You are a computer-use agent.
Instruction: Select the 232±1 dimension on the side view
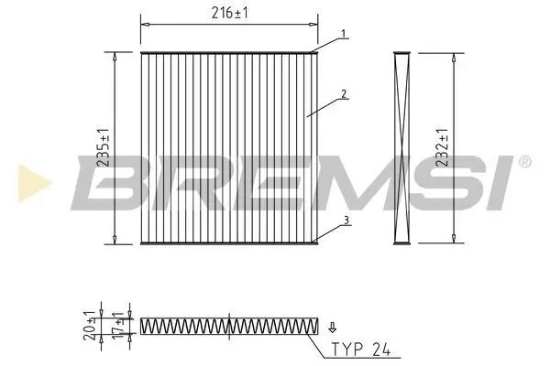click(443, 146)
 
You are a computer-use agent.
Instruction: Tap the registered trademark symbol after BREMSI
click(524, 162)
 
